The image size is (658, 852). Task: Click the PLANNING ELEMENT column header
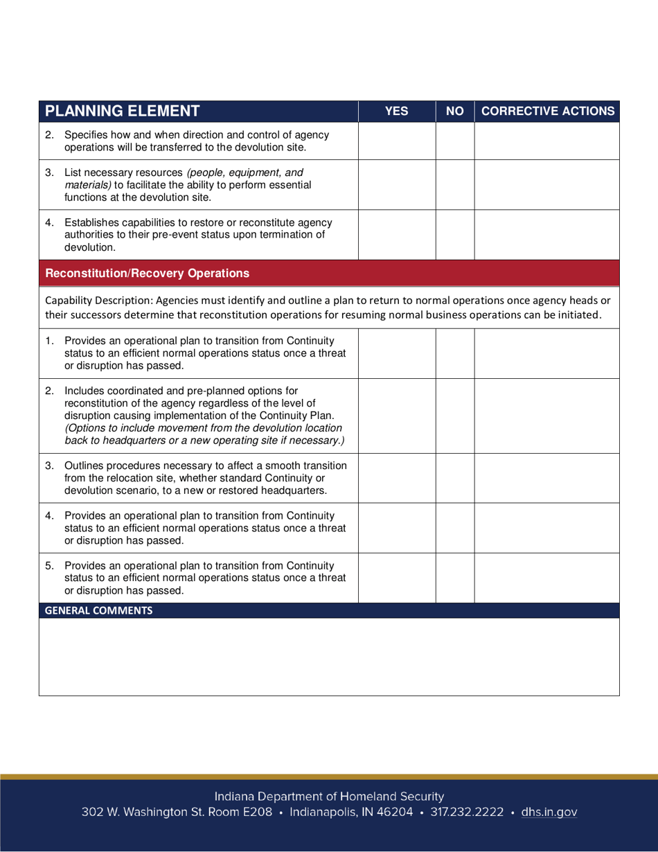point(123,111)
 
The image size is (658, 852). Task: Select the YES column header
point(396,111)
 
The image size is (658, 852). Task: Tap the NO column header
point(454,111)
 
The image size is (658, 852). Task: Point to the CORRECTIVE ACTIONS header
point(547,111)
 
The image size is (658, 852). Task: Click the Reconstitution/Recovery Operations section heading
point(147,273)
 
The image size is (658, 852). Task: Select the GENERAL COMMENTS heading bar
point(98,610)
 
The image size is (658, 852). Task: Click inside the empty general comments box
point(329,657)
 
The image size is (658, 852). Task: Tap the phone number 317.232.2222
point(467,813)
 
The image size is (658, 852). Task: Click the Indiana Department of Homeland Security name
point(329,797)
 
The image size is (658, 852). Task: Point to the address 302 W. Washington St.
point(177,813)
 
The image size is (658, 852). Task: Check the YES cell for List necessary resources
point(396,184)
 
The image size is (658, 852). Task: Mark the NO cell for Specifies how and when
point(454,141)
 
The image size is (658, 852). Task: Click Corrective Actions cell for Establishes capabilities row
point(547,234)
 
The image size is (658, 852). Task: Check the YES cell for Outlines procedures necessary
point(396,478)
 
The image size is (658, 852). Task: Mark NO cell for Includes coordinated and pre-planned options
point(454,416)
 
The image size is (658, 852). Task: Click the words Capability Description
point(98,300)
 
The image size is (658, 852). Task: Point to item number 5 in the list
point(49,566)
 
